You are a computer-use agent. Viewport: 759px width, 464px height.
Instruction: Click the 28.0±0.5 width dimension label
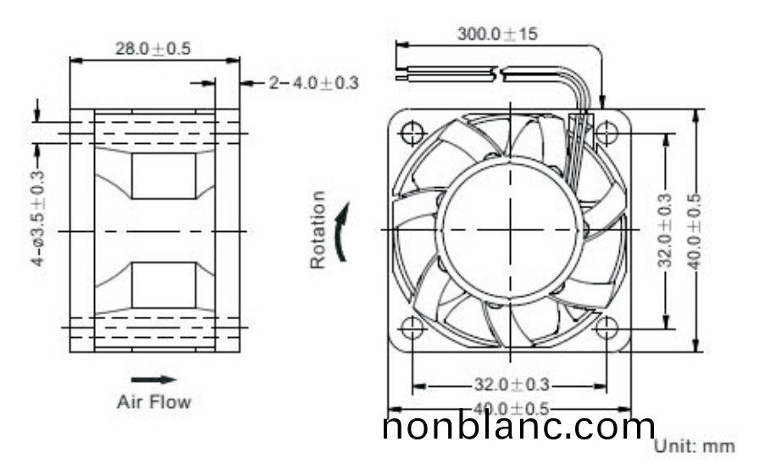click(153, 48)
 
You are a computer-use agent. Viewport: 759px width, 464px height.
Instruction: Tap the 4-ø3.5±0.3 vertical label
click(38, 217)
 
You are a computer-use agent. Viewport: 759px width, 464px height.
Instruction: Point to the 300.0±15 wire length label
click(497, 35)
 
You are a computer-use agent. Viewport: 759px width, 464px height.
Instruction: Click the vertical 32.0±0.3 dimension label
click(666, 229)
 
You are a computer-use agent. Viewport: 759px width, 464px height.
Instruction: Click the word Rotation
click(318, 229)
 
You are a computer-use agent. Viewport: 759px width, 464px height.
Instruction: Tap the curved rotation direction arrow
click(341, 230)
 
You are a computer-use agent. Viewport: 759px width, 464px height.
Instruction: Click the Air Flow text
click(153, 401)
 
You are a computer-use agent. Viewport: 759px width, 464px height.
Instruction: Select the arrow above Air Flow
click(153, 379)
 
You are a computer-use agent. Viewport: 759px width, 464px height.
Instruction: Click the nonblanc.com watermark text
click(519, 426)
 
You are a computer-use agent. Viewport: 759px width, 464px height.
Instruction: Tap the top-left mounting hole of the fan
click(413, 133)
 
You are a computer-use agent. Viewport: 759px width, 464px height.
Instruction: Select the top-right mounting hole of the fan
click(607, 133)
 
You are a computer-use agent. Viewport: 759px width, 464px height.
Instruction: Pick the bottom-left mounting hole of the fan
click(413, 328)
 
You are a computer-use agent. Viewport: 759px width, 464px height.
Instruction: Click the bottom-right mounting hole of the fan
click(607, 328)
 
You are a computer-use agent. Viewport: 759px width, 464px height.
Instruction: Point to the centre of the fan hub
click(510, 229)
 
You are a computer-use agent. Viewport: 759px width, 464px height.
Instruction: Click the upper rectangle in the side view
click(163, 176)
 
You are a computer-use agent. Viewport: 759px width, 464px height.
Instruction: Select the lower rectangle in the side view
click(163, 284)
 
